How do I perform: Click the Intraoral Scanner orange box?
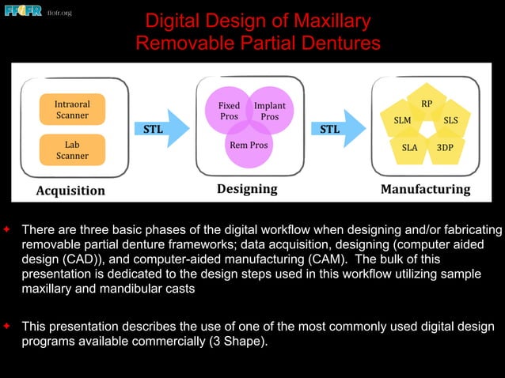point(71,110)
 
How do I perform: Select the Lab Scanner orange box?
point(71,150)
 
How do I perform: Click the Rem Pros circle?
point(248,146)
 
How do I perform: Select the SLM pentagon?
point(402,121)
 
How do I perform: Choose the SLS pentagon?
point(450,121)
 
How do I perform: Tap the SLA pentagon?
point(409,148)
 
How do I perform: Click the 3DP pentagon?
point(445,148)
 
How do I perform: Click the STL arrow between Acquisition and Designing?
point(162,129)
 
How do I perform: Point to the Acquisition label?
point(70,191)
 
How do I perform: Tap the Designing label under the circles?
point(247,189)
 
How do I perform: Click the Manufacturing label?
point(425,190)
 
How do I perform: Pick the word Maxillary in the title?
point(325,21)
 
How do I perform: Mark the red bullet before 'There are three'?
point(6,229)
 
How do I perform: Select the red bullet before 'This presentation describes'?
point(6,326)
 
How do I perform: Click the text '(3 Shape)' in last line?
point(245,342)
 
